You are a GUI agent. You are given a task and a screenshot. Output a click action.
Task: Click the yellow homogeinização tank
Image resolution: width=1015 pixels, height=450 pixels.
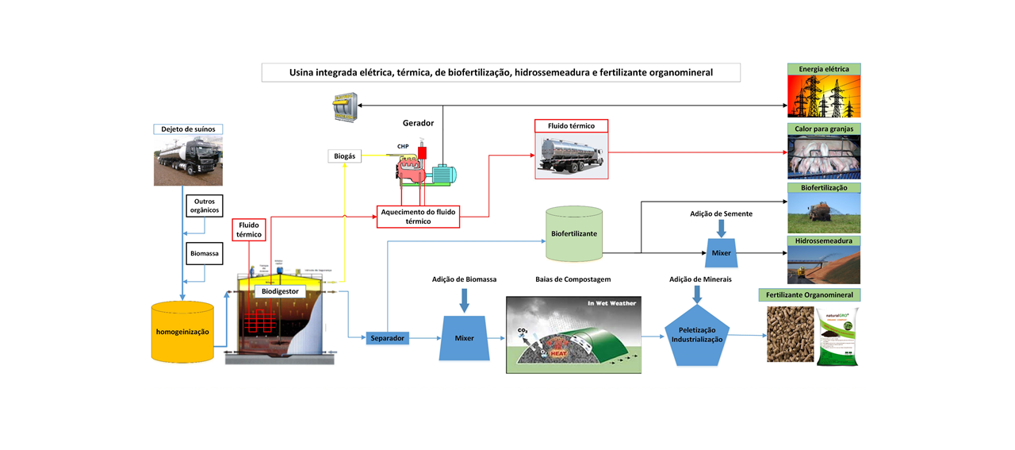pos(182,332)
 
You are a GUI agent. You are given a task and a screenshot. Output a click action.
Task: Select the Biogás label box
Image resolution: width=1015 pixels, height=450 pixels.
pos(344,156)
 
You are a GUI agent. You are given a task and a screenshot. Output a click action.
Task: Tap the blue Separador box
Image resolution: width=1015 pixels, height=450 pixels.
pos(387,338)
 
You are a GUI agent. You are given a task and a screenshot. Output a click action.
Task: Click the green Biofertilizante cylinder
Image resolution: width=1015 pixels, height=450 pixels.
pos(574,235)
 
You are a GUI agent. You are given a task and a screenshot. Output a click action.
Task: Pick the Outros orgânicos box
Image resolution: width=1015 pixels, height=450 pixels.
pos(204,206)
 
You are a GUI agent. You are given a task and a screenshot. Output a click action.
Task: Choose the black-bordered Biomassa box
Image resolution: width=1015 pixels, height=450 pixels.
pos(204,254)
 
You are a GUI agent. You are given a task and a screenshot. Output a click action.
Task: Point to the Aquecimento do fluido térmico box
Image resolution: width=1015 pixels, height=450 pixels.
pos(418,216)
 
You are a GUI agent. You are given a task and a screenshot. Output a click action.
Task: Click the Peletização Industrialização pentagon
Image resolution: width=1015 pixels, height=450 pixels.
pos(697,334)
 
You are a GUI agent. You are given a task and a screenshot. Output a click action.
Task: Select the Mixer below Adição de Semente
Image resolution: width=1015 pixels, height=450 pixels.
pos(720,252)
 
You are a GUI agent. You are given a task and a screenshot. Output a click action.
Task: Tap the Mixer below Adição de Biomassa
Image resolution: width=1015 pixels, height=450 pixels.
pos(464,337)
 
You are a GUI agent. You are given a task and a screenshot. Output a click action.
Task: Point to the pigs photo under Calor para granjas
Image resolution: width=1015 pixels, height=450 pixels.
pos(823,156)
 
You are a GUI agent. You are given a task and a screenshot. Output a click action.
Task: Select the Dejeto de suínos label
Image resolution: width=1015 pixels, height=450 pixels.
pos(188,129)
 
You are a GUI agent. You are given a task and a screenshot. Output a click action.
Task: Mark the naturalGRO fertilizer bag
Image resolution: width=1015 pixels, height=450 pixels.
pos(838,337)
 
